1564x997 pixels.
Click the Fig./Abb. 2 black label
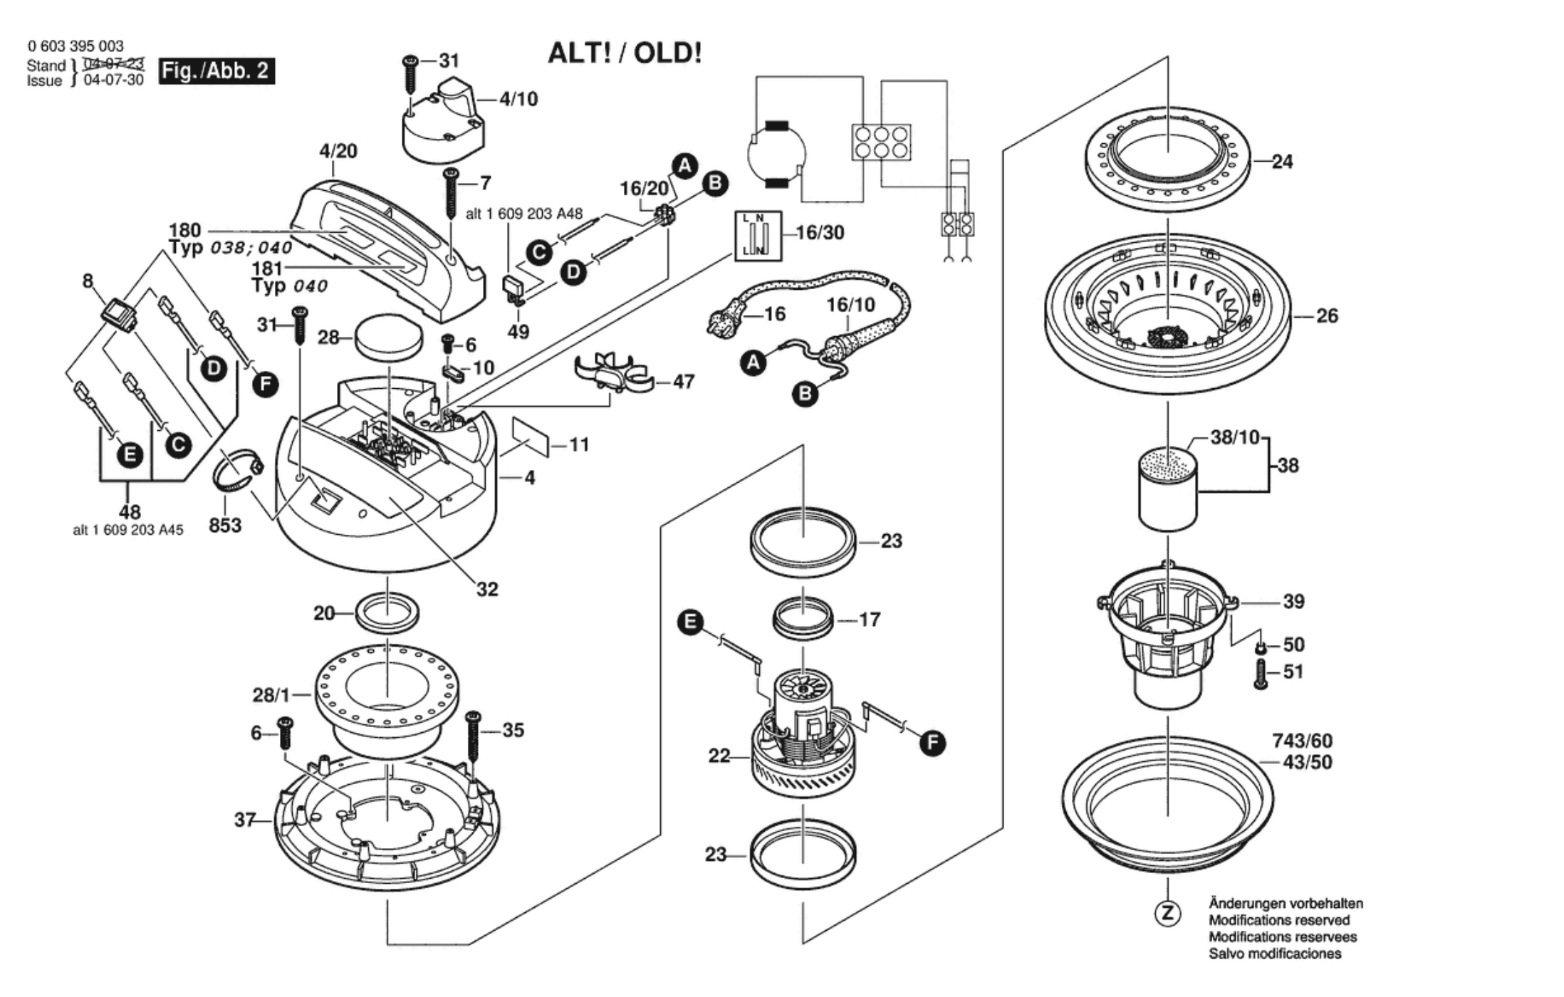click(x=216, y=71)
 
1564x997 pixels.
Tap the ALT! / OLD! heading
click(x=625, y=53)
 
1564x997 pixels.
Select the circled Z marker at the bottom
click(x=1167, y=914)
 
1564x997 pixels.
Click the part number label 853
click(x=225, y=526)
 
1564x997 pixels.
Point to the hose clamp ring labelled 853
click(x=238, y=470)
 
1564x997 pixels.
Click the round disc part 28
click(x=387, y=337)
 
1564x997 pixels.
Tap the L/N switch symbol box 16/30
click(x=758, y=236)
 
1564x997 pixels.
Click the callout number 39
click(x=1293, y=602)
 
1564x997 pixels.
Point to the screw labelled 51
click(x=1261, y=674)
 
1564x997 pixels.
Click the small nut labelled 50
click(x=1261, y=647)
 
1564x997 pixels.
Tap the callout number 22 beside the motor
click(x=719, y=756)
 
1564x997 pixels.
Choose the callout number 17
click(x=870, y=620)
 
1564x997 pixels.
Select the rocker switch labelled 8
click(x=118, y=314)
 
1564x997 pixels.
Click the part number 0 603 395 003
click(x=75, y=46)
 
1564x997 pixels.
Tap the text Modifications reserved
click(x=1278, y=920)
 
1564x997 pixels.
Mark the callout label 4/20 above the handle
click(x=338, y=151)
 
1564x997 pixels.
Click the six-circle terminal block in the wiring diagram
click(x=881, y=142)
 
